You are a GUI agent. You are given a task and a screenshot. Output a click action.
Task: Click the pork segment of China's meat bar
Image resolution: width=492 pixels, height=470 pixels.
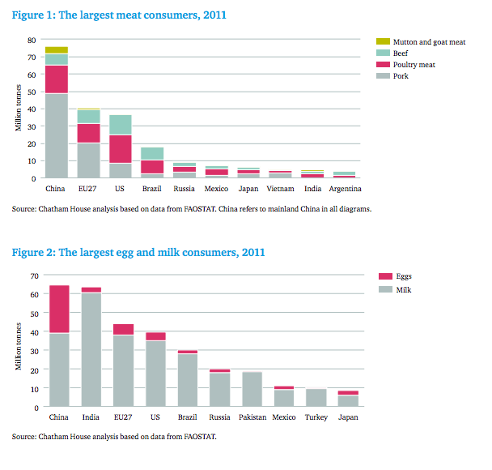[57, 135]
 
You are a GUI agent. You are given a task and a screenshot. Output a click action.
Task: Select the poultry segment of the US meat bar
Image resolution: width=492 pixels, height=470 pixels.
[121, 149]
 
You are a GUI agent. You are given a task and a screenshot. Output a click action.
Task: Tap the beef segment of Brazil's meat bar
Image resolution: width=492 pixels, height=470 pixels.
[152, 154]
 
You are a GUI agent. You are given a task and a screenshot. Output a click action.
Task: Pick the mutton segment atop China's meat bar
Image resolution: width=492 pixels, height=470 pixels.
[57, 50]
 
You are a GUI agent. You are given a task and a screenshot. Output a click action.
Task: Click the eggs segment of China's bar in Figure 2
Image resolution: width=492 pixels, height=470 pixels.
[59, 309]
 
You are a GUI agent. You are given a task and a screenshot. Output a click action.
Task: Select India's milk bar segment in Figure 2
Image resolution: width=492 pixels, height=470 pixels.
[91, 349]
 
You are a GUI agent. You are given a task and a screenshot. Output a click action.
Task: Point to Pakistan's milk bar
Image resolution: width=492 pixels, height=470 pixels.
[252, 389]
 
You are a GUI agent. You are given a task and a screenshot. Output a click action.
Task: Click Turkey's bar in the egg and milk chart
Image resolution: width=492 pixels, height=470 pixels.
[316, 397]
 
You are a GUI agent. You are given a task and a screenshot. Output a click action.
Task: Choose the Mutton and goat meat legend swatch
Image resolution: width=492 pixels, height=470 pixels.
[383, 41]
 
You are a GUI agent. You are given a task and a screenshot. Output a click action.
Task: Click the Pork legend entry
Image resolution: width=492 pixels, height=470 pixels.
[392, 75]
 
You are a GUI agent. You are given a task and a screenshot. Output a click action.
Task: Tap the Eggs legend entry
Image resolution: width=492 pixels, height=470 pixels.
[395, 276]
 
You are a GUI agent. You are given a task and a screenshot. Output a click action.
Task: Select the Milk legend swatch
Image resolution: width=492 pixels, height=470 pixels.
[385, 289]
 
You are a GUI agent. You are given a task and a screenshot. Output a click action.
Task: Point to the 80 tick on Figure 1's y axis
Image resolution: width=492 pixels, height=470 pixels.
[32, 40]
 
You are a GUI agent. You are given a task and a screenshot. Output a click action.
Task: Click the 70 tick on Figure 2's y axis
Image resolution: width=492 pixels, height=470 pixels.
[35, 276]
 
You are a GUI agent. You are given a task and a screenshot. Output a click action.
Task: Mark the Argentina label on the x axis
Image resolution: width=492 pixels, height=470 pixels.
[345, 189]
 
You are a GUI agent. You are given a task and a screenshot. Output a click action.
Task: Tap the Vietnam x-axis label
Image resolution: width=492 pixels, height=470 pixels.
[280, 189]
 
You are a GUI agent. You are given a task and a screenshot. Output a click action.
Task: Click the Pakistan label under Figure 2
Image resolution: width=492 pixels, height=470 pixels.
[252, 417]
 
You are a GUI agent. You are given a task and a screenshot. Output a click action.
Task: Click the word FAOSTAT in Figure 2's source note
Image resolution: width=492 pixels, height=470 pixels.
[200, 437]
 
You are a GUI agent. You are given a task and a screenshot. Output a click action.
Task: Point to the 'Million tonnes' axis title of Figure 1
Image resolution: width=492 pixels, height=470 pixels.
[18, 108]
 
